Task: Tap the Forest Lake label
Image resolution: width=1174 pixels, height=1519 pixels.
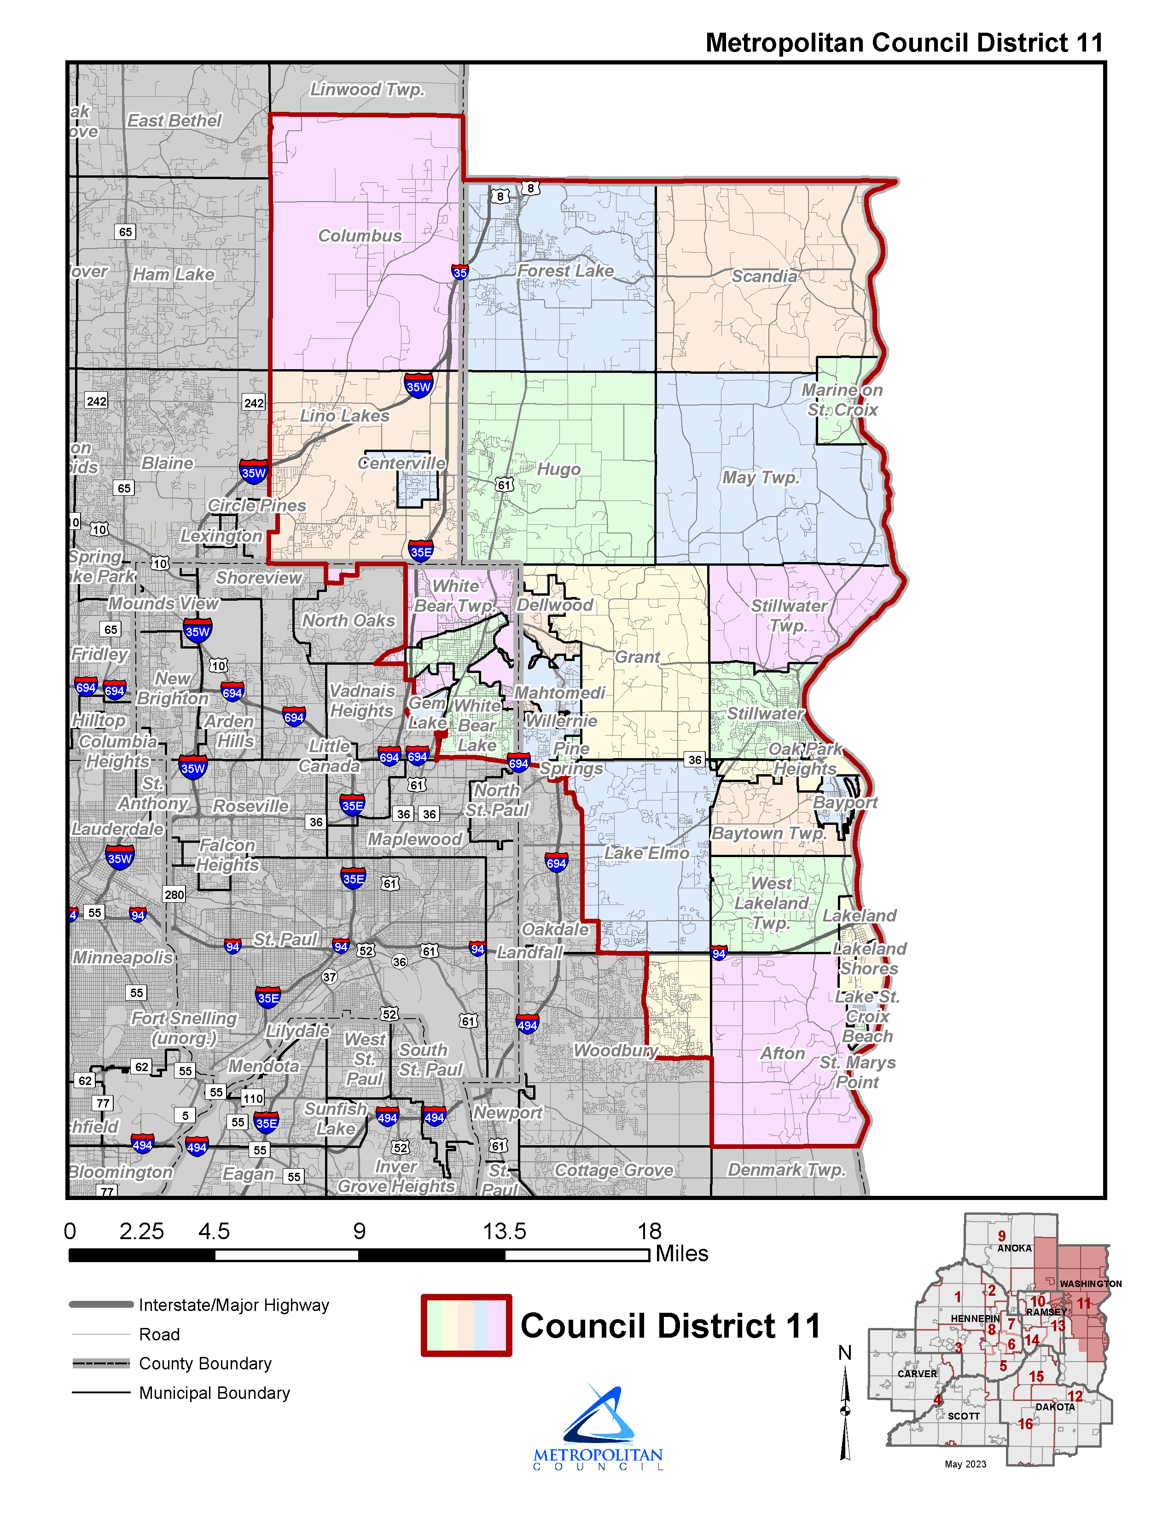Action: coord(565,271)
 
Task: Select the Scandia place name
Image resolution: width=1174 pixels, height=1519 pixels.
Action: coord(764,276)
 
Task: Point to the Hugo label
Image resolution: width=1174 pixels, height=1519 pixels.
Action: coord(558,470)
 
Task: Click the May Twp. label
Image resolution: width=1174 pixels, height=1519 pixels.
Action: coord(760,477)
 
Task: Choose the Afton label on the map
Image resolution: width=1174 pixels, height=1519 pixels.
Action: coord(782,1053)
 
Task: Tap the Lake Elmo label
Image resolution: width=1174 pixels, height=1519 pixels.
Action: coord(646,852)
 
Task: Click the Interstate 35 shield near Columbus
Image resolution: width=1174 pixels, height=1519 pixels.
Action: coord(460,272)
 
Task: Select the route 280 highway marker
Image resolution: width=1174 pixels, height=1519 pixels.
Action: coord(174,894)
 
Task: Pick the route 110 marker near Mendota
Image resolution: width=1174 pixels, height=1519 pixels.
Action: coord(252,1099)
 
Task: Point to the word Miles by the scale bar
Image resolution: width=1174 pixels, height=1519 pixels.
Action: coord(681,1253)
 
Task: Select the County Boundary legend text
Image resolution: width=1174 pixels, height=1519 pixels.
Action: coord(205,1363)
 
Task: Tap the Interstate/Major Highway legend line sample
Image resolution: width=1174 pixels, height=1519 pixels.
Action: coord(101,1305)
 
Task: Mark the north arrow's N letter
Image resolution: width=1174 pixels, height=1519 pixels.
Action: coord(844,1353)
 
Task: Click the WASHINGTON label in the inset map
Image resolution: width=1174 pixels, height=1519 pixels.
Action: coord(1090,1284)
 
